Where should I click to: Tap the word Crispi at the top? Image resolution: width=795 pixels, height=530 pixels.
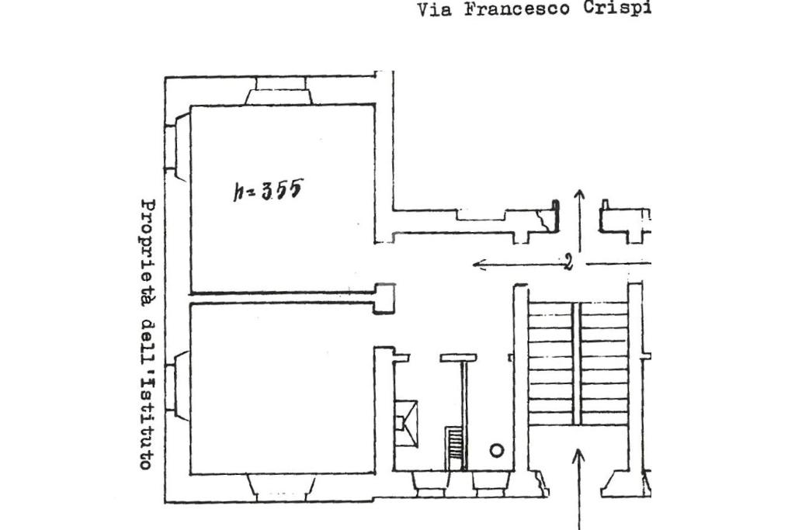click(617, 10)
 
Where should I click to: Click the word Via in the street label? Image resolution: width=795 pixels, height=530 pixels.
click(434, 10)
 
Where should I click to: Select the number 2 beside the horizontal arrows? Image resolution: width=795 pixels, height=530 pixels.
click(568, 263)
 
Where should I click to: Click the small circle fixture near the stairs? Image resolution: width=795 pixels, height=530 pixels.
click(497, 450)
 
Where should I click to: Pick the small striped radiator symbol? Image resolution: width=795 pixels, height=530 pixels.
click(454, 449)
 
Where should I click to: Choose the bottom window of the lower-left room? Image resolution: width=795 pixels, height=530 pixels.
click(280, 487)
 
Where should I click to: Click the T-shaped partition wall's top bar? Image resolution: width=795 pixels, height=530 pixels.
click(457, 358)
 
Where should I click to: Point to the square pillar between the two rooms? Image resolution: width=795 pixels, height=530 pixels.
click(384, 299)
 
